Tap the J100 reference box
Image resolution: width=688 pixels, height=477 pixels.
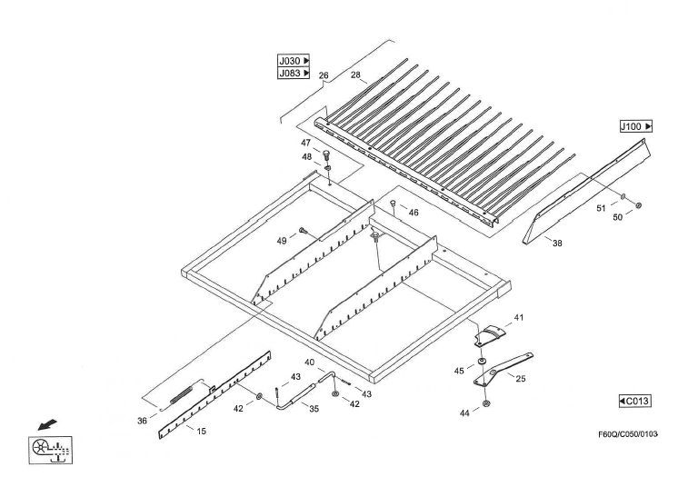click(x=636, y=126)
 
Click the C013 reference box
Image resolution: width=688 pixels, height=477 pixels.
click(x=635, y=400)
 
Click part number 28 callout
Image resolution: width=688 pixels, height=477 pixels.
click(x=356, y=75)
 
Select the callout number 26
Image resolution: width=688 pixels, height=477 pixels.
click(x=324, y=75)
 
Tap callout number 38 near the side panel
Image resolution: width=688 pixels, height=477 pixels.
click(x=557, y=243)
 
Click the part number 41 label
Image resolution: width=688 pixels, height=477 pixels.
click(x=519, y=317)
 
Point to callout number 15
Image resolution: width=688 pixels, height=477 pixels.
click(x=201, y=431)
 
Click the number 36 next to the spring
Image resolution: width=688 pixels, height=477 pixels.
click(x=142, y=421)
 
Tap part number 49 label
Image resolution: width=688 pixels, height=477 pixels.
click(x=283, y=240)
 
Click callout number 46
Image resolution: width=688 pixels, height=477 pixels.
click(x=414, y=212)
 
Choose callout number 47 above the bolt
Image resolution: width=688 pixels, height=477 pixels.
click(x=306, y=144)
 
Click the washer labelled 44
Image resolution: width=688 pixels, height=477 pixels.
click(x=487, y=402)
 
